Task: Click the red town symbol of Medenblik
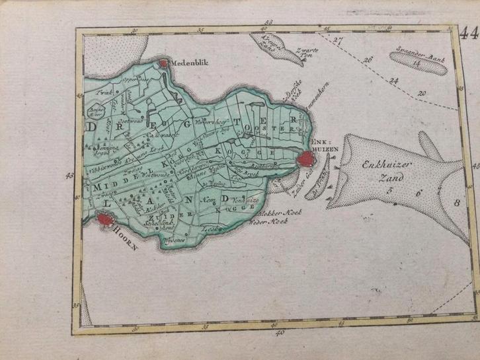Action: coord(163,63)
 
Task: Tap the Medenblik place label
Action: coord(190,64)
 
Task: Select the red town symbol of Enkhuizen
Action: coord(306,159)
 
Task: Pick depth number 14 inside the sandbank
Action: coord(415,63)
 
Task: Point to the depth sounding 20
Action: coord(421,94)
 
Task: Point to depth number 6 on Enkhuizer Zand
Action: coord(417,194)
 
